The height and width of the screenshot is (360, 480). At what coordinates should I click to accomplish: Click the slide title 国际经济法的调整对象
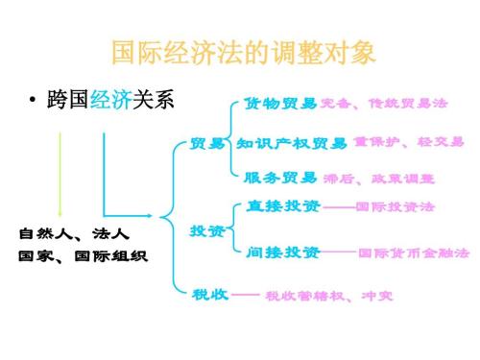[x=240, y=51]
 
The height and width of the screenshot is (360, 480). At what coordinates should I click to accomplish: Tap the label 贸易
[x=207, y=144]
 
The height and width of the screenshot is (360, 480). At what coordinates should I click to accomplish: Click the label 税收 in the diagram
[x=209, y=293]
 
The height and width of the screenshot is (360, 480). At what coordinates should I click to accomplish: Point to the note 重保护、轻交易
[x=409, y=143]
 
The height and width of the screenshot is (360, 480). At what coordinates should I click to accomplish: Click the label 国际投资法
[x=395, y=206]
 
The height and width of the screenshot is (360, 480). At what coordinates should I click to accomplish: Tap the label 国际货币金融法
[x=414, y=253]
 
